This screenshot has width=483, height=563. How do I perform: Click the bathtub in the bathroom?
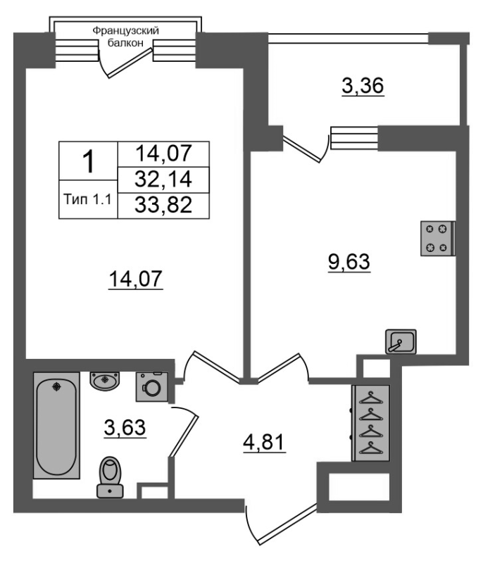click(x=56, y=426)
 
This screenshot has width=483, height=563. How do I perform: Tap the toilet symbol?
click(x=111, y=477)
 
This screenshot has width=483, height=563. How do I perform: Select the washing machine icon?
click(x=152, y=386)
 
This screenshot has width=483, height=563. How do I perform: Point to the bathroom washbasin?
click(x=104, y=381)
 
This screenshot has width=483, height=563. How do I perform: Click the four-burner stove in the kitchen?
click(x=438, y=239)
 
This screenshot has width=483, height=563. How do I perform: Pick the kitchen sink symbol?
click(x=401, y=341)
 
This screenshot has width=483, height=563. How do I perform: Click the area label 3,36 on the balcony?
click(x=363, y=87)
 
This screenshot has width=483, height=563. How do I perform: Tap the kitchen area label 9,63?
click(x=349, y=262)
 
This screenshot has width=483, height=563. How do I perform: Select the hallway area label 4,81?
click(x=264, y=443)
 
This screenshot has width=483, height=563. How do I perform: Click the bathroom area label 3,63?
click(x=125, y=428)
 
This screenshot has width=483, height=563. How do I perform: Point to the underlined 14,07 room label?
click(x=136, y=279)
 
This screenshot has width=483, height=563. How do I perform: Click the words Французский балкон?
click(x=126, y=37)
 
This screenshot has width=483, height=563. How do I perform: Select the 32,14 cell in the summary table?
click(x=163, y=179)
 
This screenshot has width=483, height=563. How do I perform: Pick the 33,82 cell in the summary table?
click(x=163, y=205)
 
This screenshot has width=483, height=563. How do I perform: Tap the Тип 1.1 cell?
click(x=88, y=199)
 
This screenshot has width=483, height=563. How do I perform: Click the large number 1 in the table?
click(x=88, y=161)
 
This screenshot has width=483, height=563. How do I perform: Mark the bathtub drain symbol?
click(x=56, y=386)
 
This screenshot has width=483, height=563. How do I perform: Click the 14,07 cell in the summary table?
click(x=163, y=154)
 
